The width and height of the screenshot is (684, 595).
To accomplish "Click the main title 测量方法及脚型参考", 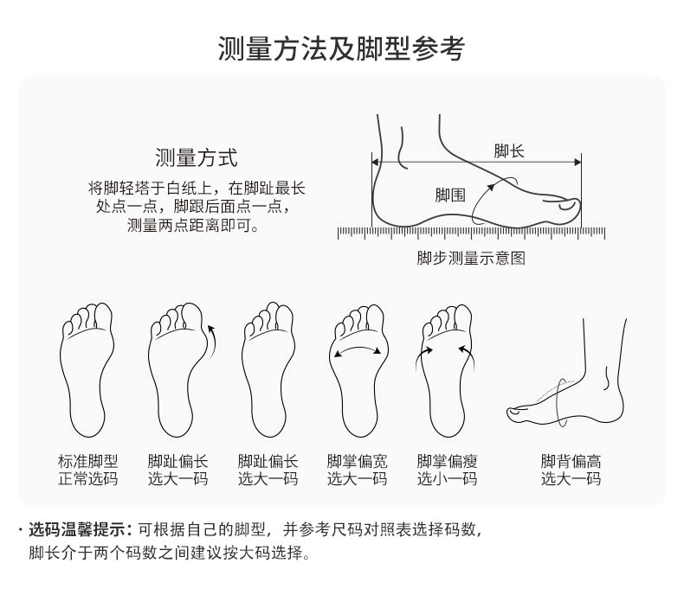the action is (x=341, y=48).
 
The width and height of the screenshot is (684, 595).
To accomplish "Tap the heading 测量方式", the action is (x=197, y=157).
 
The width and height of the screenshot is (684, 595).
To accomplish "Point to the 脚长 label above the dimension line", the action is (x=508, y=151).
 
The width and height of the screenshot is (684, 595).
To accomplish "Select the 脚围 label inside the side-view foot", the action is (x=450, y=195).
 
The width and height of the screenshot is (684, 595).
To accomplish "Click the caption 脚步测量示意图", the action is (x=471, y=259).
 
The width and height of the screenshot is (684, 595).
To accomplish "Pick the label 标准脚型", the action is (x=88, y=461).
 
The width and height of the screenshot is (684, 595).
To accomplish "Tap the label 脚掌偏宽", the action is (x=358, y=461).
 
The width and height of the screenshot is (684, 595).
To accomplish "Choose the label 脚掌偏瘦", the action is (x=447, y=461).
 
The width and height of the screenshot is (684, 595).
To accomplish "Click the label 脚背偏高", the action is (x=571, y=461).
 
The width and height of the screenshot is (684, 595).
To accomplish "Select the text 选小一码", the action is (x=447, y=479).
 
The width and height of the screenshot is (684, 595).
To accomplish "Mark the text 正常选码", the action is (x=88, y=479).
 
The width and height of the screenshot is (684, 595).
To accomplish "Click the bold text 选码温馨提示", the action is (x=77, y=529).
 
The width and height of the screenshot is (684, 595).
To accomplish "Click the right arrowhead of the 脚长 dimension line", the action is (x=578, y=162).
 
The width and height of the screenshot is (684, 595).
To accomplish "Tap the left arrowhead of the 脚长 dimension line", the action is (x=375, y=162).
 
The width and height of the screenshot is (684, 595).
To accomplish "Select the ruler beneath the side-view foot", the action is (x=472, y=233).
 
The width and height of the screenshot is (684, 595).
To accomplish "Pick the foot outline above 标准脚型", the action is (x=87, y=369).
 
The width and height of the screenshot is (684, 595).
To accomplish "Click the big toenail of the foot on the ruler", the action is (x=567, y=204).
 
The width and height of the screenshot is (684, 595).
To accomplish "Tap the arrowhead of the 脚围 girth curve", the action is (x=491, y=187).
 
